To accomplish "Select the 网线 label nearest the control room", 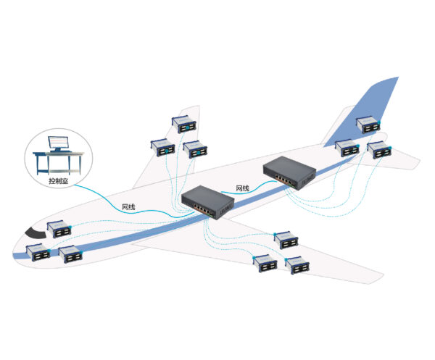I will [128, 206].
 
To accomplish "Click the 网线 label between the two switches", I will [242, 189].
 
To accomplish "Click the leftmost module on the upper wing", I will [162, 147].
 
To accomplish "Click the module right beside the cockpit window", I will [58, 230].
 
